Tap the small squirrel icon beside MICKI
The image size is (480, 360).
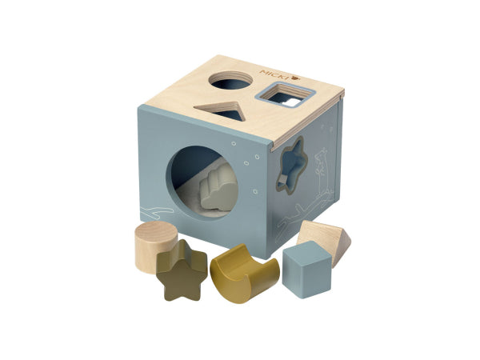coord(296,78)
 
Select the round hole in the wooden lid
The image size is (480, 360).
coord(231,81)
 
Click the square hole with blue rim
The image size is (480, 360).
coord(285,95)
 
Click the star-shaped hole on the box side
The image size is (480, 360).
coord(291,166)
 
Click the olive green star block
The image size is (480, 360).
coord(182,270)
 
